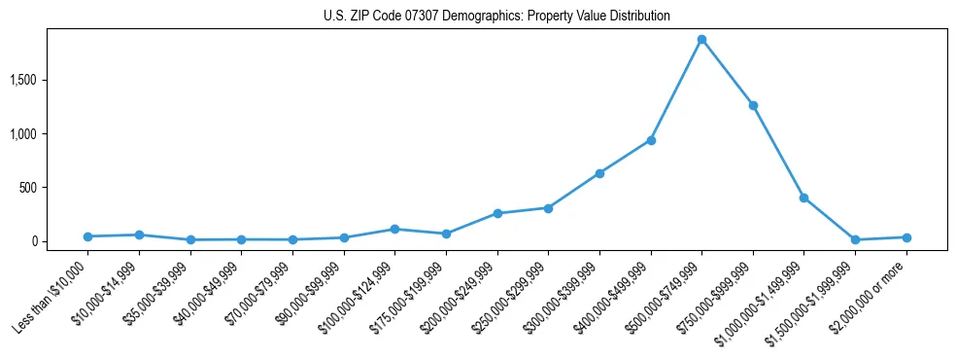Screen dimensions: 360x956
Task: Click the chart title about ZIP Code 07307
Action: (x=496, y=17)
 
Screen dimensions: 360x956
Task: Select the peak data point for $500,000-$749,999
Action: (x=701, y=40)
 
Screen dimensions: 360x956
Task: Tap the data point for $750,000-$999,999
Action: (x=753, y=105)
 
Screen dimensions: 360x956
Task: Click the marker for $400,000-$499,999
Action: (x=651, y=140)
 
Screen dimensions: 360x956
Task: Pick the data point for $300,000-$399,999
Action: (x=599, y=173)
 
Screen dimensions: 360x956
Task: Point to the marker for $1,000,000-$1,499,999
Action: (x=803, y=198)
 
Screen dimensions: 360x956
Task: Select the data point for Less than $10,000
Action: (x=87, y=236)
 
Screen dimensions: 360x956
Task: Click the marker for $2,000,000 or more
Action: (x=906, y=237)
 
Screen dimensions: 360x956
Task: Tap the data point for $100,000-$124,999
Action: (x=394, y=229)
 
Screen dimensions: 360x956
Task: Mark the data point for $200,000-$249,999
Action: (x=497, y=213)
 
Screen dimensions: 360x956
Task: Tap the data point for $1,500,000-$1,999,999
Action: (x=855, y=239)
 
